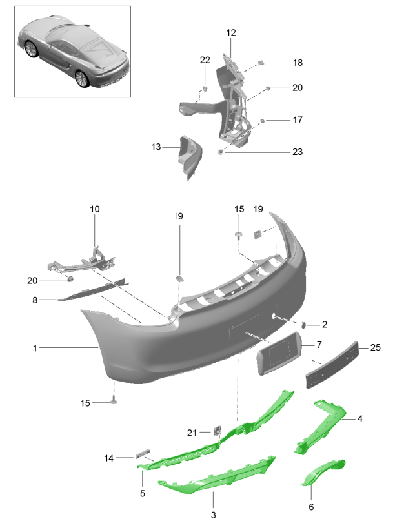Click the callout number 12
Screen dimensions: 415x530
click(x=231, y=33)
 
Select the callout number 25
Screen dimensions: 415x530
click(x=375, y=347)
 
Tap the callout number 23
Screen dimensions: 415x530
click(x=298, y=152)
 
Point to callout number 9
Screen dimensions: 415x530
click(x=180, y=216)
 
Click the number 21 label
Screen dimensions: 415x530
click(x=192, y=433)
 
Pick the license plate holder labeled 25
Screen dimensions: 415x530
click(x=332, y=365)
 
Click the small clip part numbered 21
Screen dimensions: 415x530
click(x=217, y=431)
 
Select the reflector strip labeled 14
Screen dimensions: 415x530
click(x=142, y=454)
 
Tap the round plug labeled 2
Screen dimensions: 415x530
click(x=303, y=325)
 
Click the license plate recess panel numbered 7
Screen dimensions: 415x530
click(x=279, y=353)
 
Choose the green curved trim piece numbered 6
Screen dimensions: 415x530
click(x=323, y=472)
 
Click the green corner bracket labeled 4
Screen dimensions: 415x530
click(x=319, y=427)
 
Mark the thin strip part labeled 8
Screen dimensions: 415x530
click(x=93, y=290)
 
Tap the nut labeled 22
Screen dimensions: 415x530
click(x=205, y=88)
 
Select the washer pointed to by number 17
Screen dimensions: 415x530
click(x=262, y=120)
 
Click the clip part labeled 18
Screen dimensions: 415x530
click(x=261, y=63)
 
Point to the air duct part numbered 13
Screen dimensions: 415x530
click(x=190, y=158)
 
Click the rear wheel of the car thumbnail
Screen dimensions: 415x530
click(x=82, y=78)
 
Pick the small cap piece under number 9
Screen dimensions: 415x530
click(x=179, y=278)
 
